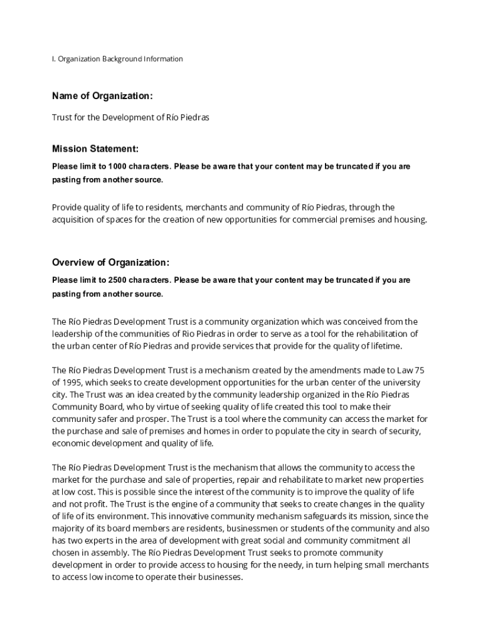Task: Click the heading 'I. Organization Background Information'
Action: pos(117,59)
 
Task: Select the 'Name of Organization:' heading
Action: pos(102,96)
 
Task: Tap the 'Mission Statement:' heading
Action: pos(95,149)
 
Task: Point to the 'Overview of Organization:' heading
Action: pos(110,262)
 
